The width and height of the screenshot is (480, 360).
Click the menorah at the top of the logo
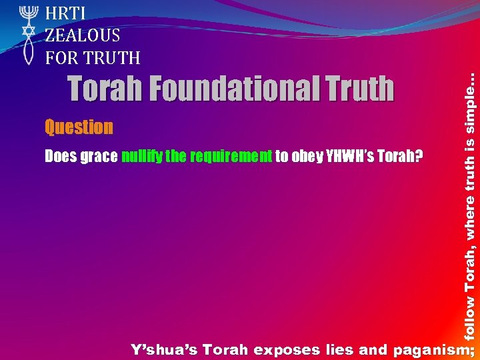tap(27, 13)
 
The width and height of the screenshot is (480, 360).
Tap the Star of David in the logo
tap(27, 31)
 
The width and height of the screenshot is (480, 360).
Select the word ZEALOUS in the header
tap(83, 35)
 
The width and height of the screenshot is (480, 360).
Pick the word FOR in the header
tap(61, 58)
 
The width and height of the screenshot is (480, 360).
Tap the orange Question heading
tap(79, 127)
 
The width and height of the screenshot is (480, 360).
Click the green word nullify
tap(141, 157)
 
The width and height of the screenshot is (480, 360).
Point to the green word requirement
tap(231, 157)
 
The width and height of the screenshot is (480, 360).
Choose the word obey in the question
tap(309, 157)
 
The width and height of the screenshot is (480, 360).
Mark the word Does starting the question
tap(60, 157)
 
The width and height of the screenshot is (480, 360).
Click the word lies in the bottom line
tap(338, 349)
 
